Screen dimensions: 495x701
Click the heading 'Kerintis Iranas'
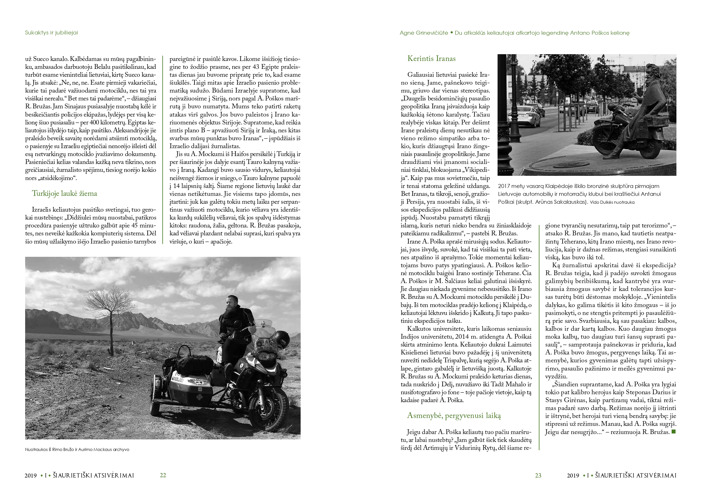pos(431,58)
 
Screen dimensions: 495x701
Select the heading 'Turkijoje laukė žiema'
pos(64,193)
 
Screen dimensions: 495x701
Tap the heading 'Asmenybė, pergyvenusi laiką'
pos(454,415)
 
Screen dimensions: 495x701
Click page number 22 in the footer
pos(163,475)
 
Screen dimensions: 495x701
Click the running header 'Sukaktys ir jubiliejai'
pos(51,33)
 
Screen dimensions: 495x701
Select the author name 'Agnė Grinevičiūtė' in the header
pos(424,33)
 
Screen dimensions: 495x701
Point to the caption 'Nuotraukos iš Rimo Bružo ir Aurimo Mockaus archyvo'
pos(77,449)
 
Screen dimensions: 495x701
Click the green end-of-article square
pos(674,432)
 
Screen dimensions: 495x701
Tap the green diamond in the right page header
pos(452,32)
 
